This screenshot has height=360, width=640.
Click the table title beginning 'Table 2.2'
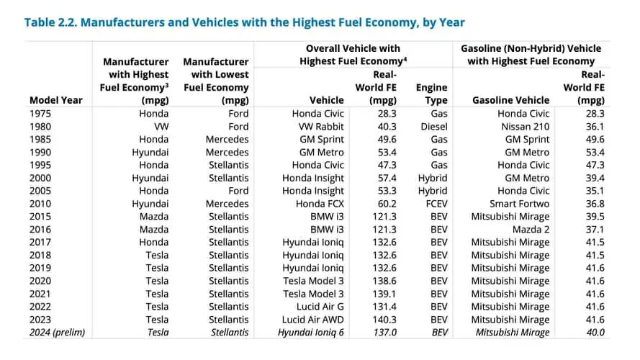244,22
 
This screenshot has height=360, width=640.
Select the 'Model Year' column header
55,100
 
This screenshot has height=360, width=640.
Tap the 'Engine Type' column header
431,94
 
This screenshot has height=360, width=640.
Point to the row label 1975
42,114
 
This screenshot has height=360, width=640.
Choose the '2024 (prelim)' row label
58,333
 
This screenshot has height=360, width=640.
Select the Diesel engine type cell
432,127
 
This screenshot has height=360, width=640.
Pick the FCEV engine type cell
433,204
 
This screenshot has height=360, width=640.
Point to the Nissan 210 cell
523,127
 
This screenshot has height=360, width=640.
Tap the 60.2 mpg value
384,204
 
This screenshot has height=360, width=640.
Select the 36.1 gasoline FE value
595,127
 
